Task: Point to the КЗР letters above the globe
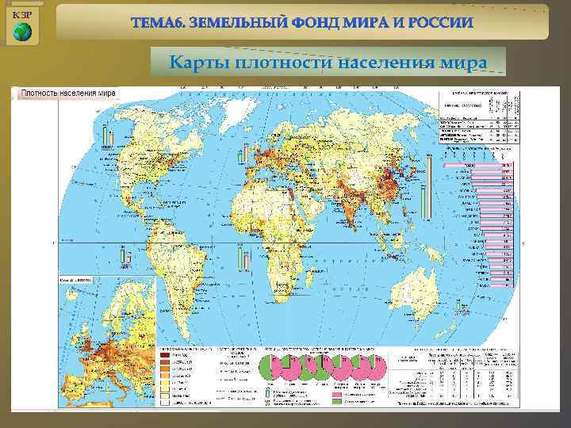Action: (21, 14)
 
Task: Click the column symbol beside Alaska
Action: (107, 135)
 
